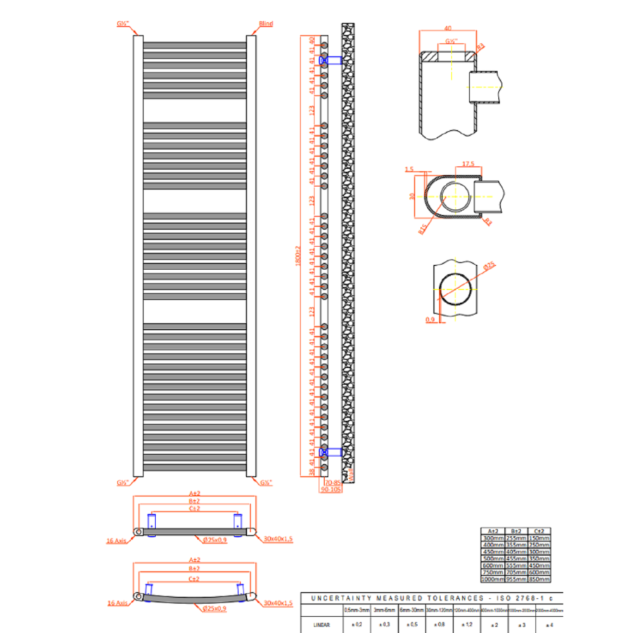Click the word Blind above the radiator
pyautogui.click(x=266, y=24)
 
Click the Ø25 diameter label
pyautogui.click(x=489, y=266)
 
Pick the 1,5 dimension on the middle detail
pyautogui.click(x=409, y=170)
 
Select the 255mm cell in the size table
pyautogui.click(x=517, y=537)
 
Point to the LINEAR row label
pyautogui.click(x=320, y=624)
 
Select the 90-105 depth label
pyautogui.click(x=331, y=490)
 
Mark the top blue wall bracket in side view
pyautogui.click(x=331, y=60)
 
